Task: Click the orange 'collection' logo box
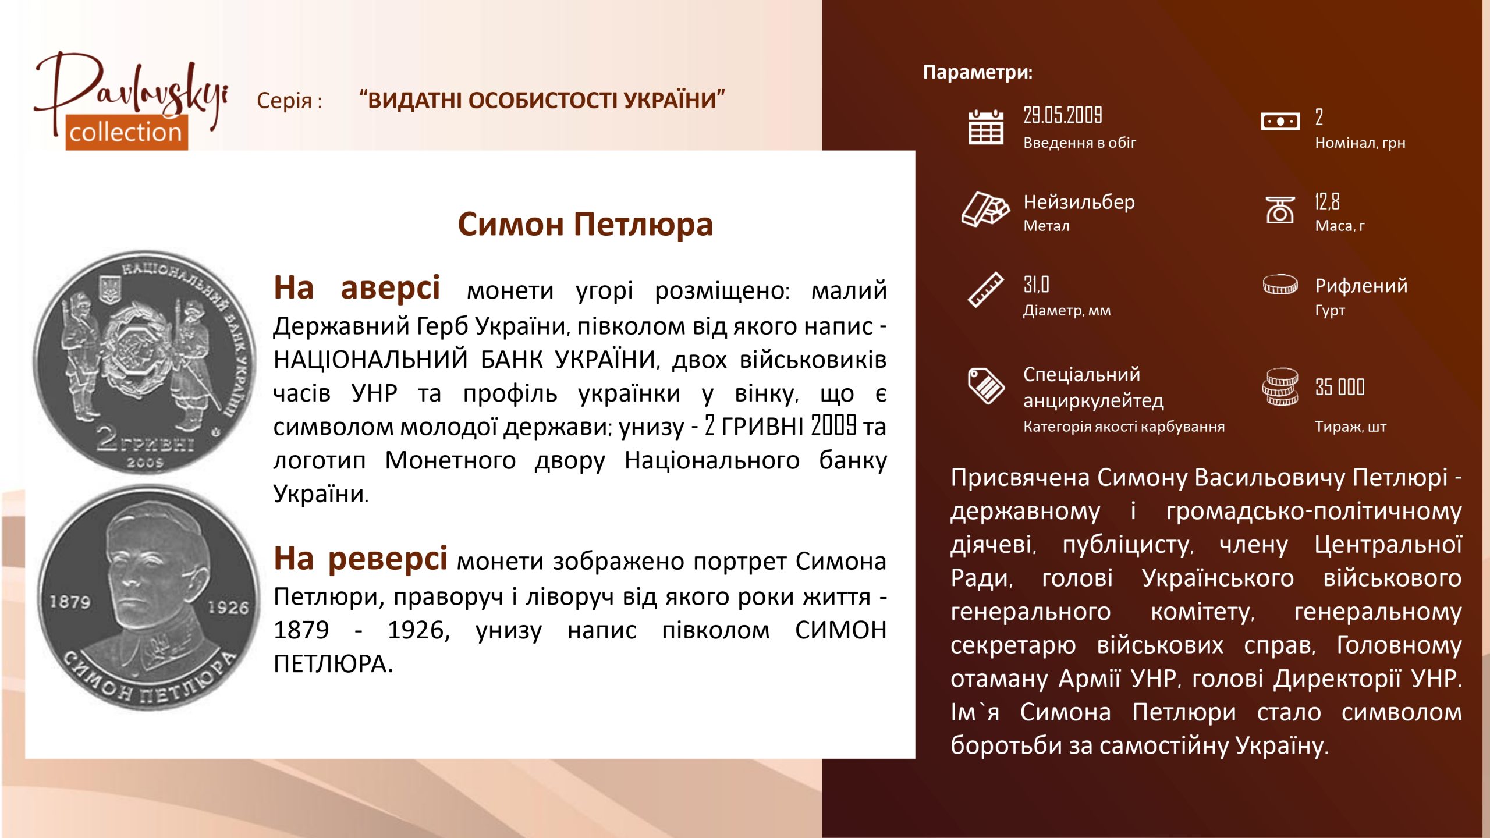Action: [126, 132]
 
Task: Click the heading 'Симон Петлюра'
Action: [585, 225]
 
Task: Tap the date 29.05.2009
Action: [1063, 115]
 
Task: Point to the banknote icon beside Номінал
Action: [1280, 122]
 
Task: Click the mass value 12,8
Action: [1327, 201]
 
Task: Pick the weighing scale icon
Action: [1280, 210]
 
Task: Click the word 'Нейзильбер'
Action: [1079, 202]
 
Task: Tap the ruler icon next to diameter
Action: [985, 289]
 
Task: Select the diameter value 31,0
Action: [1036, 285]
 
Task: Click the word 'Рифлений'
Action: [1361, 286]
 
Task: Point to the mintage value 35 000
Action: [1340, 387]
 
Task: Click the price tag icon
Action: [985, 386]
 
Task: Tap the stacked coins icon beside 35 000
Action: [1280, 387]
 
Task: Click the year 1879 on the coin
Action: [70, 602]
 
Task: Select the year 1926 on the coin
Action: [229, 608]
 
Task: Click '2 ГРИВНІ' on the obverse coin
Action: [145, 441]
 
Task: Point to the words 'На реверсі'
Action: [360, 559]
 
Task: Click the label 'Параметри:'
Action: [978, 72]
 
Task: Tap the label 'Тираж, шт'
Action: [1350, 427]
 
